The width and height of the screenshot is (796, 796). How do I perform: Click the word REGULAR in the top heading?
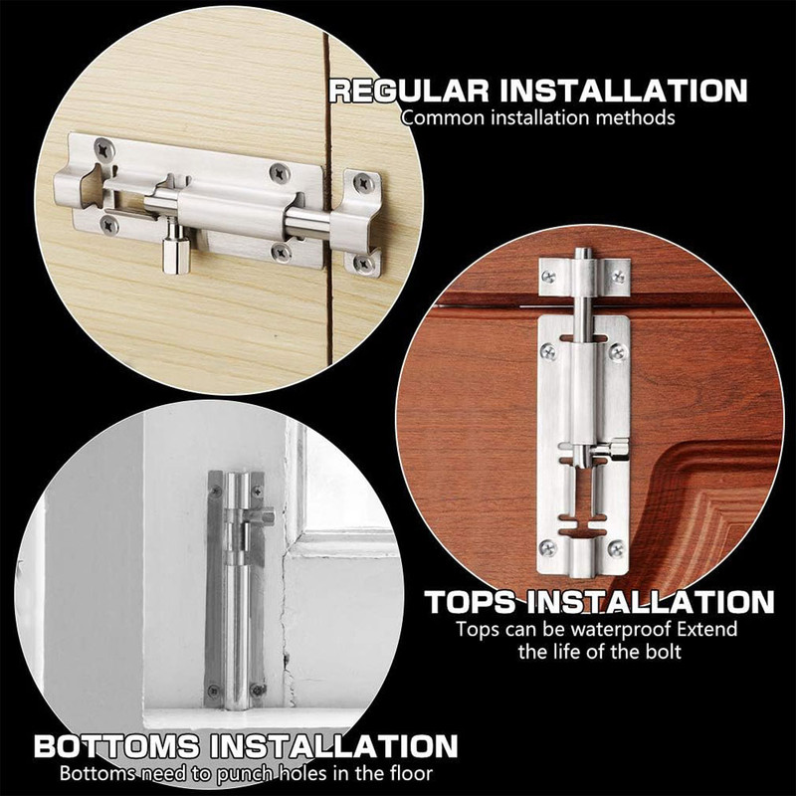pyautogui.click(x=409, y=91)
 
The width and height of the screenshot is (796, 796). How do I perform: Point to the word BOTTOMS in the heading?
pyautogui.click(x=116, y=747)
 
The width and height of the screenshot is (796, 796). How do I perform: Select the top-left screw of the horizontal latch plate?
pyautogui.click(x=103, y=149)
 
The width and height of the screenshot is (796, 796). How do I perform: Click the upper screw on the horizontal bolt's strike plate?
pyautogui.click(x=363, y=183)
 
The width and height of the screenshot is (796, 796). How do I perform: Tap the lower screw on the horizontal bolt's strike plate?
pyautogui.click(x=362, y=263)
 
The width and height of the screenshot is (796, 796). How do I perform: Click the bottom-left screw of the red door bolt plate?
pyautogui.click(x=547, y=548)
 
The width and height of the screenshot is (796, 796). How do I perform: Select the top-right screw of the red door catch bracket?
pyautogui.click(x=618, y=277)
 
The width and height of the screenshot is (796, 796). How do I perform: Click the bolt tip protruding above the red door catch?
pyautogui.click(x=583, y=253)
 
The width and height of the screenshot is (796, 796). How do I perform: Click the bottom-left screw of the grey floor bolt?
pyautogui.click(x=214, y=691)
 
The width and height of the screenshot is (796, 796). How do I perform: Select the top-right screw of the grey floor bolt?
pyautogui.click(x=258, y=491)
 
